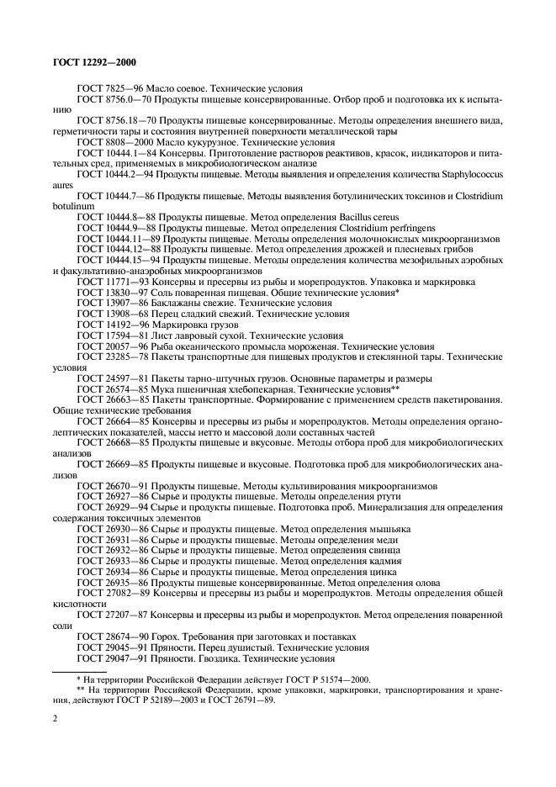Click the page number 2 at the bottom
point(55,719)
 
